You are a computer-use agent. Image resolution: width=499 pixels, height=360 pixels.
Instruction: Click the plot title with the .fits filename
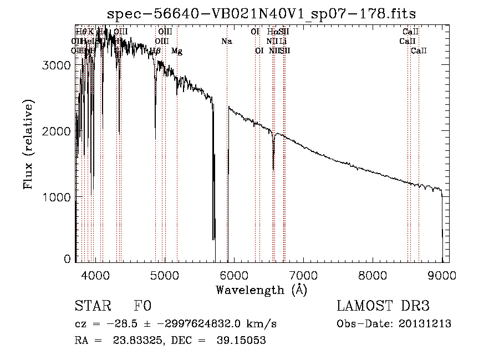262,13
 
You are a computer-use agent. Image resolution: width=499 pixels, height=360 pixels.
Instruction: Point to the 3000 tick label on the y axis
57,65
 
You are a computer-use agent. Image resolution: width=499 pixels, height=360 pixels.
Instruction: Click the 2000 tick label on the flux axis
57,131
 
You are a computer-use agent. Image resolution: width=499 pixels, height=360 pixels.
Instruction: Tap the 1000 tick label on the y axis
57,197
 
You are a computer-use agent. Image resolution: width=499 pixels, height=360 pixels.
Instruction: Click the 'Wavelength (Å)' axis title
261,290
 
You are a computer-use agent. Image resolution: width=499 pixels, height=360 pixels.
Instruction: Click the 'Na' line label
226,41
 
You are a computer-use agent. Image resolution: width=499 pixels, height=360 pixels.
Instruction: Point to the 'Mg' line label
177,51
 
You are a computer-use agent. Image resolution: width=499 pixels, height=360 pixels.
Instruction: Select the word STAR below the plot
93,307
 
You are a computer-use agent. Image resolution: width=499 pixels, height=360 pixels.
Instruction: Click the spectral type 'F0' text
142,307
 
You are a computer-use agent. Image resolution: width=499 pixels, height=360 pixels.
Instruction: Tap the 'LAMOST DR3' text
383,307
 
